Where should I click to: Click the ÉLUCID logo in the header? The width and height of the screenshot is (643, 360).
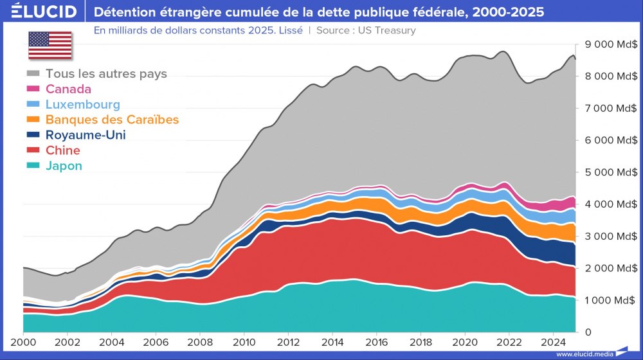44,12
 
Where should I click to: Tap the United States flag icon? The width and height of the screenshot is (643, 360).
50,45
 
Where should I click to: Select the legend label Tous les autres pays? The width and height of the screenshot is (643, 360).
106,74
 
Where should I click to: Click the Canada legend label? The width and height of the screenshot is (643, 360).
68,89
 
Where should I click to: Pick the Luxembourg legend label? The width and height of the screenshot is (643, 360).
82,104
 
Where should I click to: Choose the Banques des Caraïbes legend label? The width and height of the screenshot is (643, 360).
112,120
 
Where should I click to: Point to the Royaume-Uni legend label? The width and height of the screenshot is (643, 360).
86,135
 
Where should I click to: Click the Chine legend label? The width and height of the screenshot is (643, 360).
63,150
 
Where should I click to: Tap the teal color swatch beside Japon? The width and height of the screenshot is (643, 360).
33,166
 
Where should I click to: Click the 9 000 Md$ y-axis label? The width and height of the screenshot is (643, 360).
611,44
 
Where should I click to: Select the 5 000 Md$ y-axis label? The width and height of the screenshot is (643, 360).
611,172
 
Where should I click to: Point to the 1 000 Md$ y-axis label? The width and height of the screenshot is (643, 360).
611,300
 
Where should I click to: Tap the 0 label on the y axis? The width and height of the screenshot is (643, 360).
587,332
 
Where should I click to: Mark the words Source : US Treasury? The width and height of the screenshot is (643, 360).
366,30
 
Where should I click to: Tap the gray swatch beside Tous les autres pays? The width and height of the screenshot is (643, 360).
33,74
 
